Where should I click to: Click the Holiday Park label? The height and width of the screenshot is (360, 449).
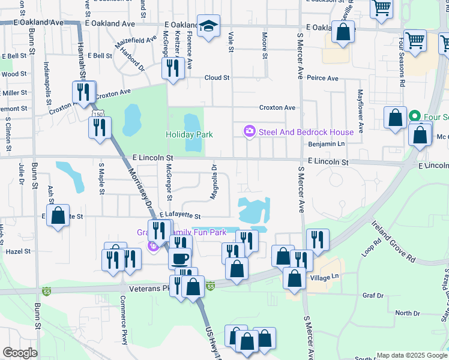189,134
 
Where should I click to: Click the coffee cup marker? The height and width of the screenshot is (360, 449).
179,259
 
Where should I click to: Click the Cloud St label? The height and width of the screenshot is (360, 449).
217,78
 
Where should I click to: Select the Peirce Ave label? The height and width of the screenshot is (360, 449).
322,78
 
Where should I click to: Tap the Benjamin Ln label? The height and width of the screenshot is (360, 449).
327,145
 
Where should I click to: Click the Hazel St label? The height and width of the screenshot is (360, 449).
18,253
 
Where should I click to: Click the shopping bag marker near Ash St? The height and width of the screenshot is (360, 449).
58,217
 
